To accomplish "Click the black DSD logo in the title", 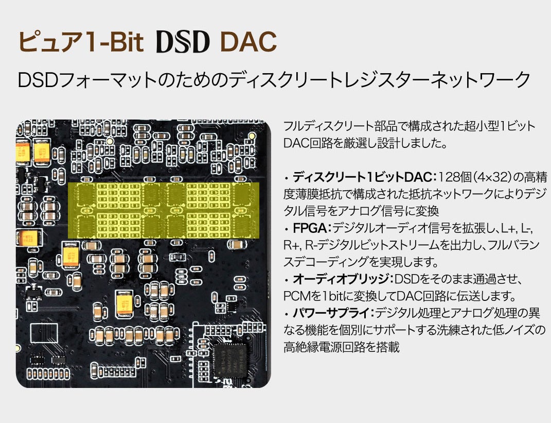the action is coord(183,42).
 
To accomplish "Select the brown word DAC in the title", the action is coord(247,42).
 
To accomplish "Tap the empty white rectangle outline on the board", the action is coord(44,333).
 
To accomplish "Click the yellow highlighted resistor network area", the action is coord(164,210).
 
